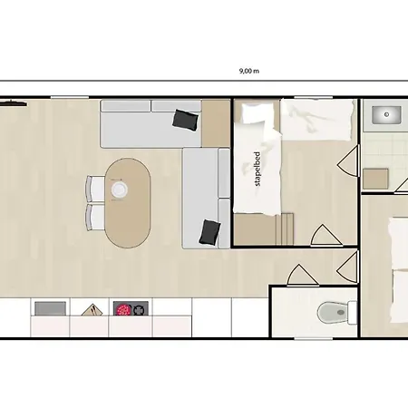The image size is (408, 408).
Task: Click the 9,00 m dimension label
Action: pos(249,71)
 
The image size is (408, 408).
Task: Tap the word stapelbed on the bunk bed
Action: pos(257,169)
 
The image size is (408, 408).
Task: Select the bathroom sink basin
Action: pos(386,115)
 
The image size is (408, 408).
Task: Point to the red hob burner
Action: pos(123,309)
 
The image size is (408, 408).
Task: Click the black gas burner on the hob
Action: pos(140,309)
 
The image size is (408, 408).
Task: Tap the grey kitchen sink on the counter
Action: pos(50,308)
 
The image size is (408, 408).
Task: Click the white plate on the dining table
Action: pos(119,189)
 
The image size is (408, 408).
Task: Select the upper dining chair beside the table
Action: pos(95,189)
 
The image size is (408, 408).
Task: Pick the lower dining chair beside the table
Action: pos(95,217)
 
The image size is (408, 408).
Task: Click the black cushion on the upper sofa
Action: pos(186,120)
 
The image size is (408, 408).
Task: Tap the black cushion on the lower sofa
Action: pos(209,232)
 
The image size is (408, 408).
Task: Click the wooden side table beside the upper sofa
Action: pos(216,123)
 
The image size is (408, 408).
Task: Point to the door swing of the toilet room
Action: pos(302,275)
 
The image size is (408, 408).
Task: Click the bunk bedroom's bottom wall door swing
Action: pos(325,235)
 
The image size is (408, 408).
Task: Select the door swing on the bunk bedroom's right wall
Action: pos(348,161)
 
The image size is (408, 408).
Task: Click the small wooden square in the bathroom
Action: pos(375,179)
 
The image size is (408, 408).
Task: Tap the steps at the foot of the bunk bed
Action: pos(285,228)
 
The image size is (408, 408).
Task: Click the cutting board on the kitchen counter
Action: pos(92,310)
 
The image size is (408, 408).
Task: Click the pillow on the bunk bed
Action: pos(253,112)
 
